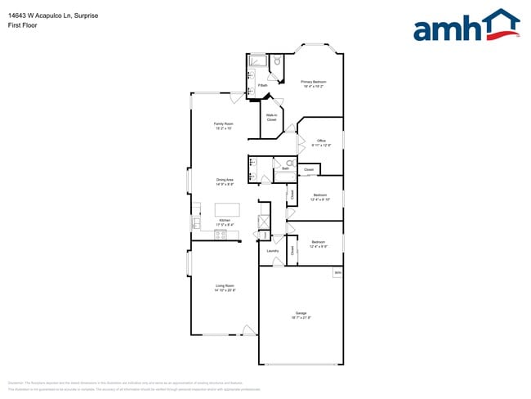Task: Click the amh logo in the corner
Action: coord(466,26)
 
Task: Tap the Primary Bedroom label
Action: coord(313,83)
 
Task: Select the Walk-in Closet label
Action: coord(271,118)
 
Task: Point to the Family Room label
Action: coord(224,126)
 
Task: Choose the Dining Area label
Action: coord(225,182)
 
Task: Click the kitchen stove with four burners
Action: coord(221,234)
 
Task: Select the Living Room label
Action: coord(224,288)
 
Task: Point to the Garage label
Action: coord(301,316)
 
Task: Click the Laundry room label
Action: coord(273,251)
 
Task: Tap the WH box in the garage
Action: coord(337,272)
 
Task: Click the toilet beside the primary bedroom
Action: coord(277,61)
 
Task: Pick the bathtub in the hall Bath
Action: coord(285,177)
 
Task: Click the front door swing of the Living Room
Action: coord(248,330)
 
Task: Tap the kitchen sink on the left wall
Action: coord(196,222)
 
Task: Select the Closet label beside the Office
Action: coord(308,171)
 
